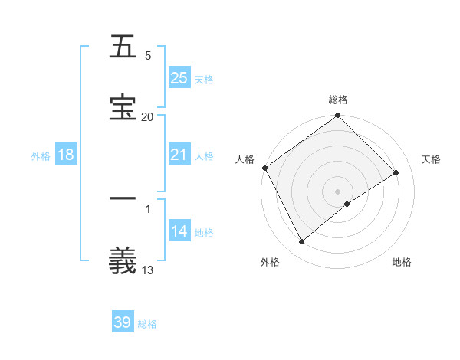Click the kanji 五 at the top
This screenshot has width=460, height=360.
[x=123, y=47]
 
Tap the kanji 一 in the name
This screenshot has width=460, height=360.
[x=123, y=199]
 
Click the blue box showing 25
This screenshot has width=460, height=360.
[x=179, y=78]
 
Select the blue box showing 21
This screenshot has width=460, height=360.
[x=179, y=155]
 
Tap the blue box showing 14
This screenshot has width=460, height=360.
[x=179, y=231]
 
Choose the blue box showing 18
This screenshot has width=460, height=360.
[x=66, y=155]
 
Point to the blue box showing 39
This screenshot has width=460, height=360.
[x=123, y=322]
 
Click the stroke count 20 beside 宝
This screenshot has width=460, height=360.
[x=147, y=116]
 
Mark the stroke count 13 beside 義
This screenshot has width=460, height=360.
[x=147, y=270]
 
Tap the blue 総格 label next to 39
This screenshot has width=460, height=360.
[x=147, y=324]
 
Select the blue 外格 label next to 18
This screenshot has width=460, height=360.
[x=41, y=155]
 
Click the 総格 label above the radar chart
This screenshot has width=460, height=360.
[x=338, y=100]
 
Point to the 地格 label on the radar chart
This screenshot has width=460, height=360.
[x=402, y=262]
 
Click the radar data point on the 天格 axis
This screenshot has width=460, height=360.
[x=396, y=173]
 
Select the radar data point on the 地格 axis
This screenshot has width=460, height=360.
[x=347, y=203]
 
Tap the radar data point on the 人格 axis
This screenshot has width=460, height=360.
[x=264, y=168]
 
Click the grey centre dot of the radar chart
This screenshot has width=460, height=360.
[x=337, y=191]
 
